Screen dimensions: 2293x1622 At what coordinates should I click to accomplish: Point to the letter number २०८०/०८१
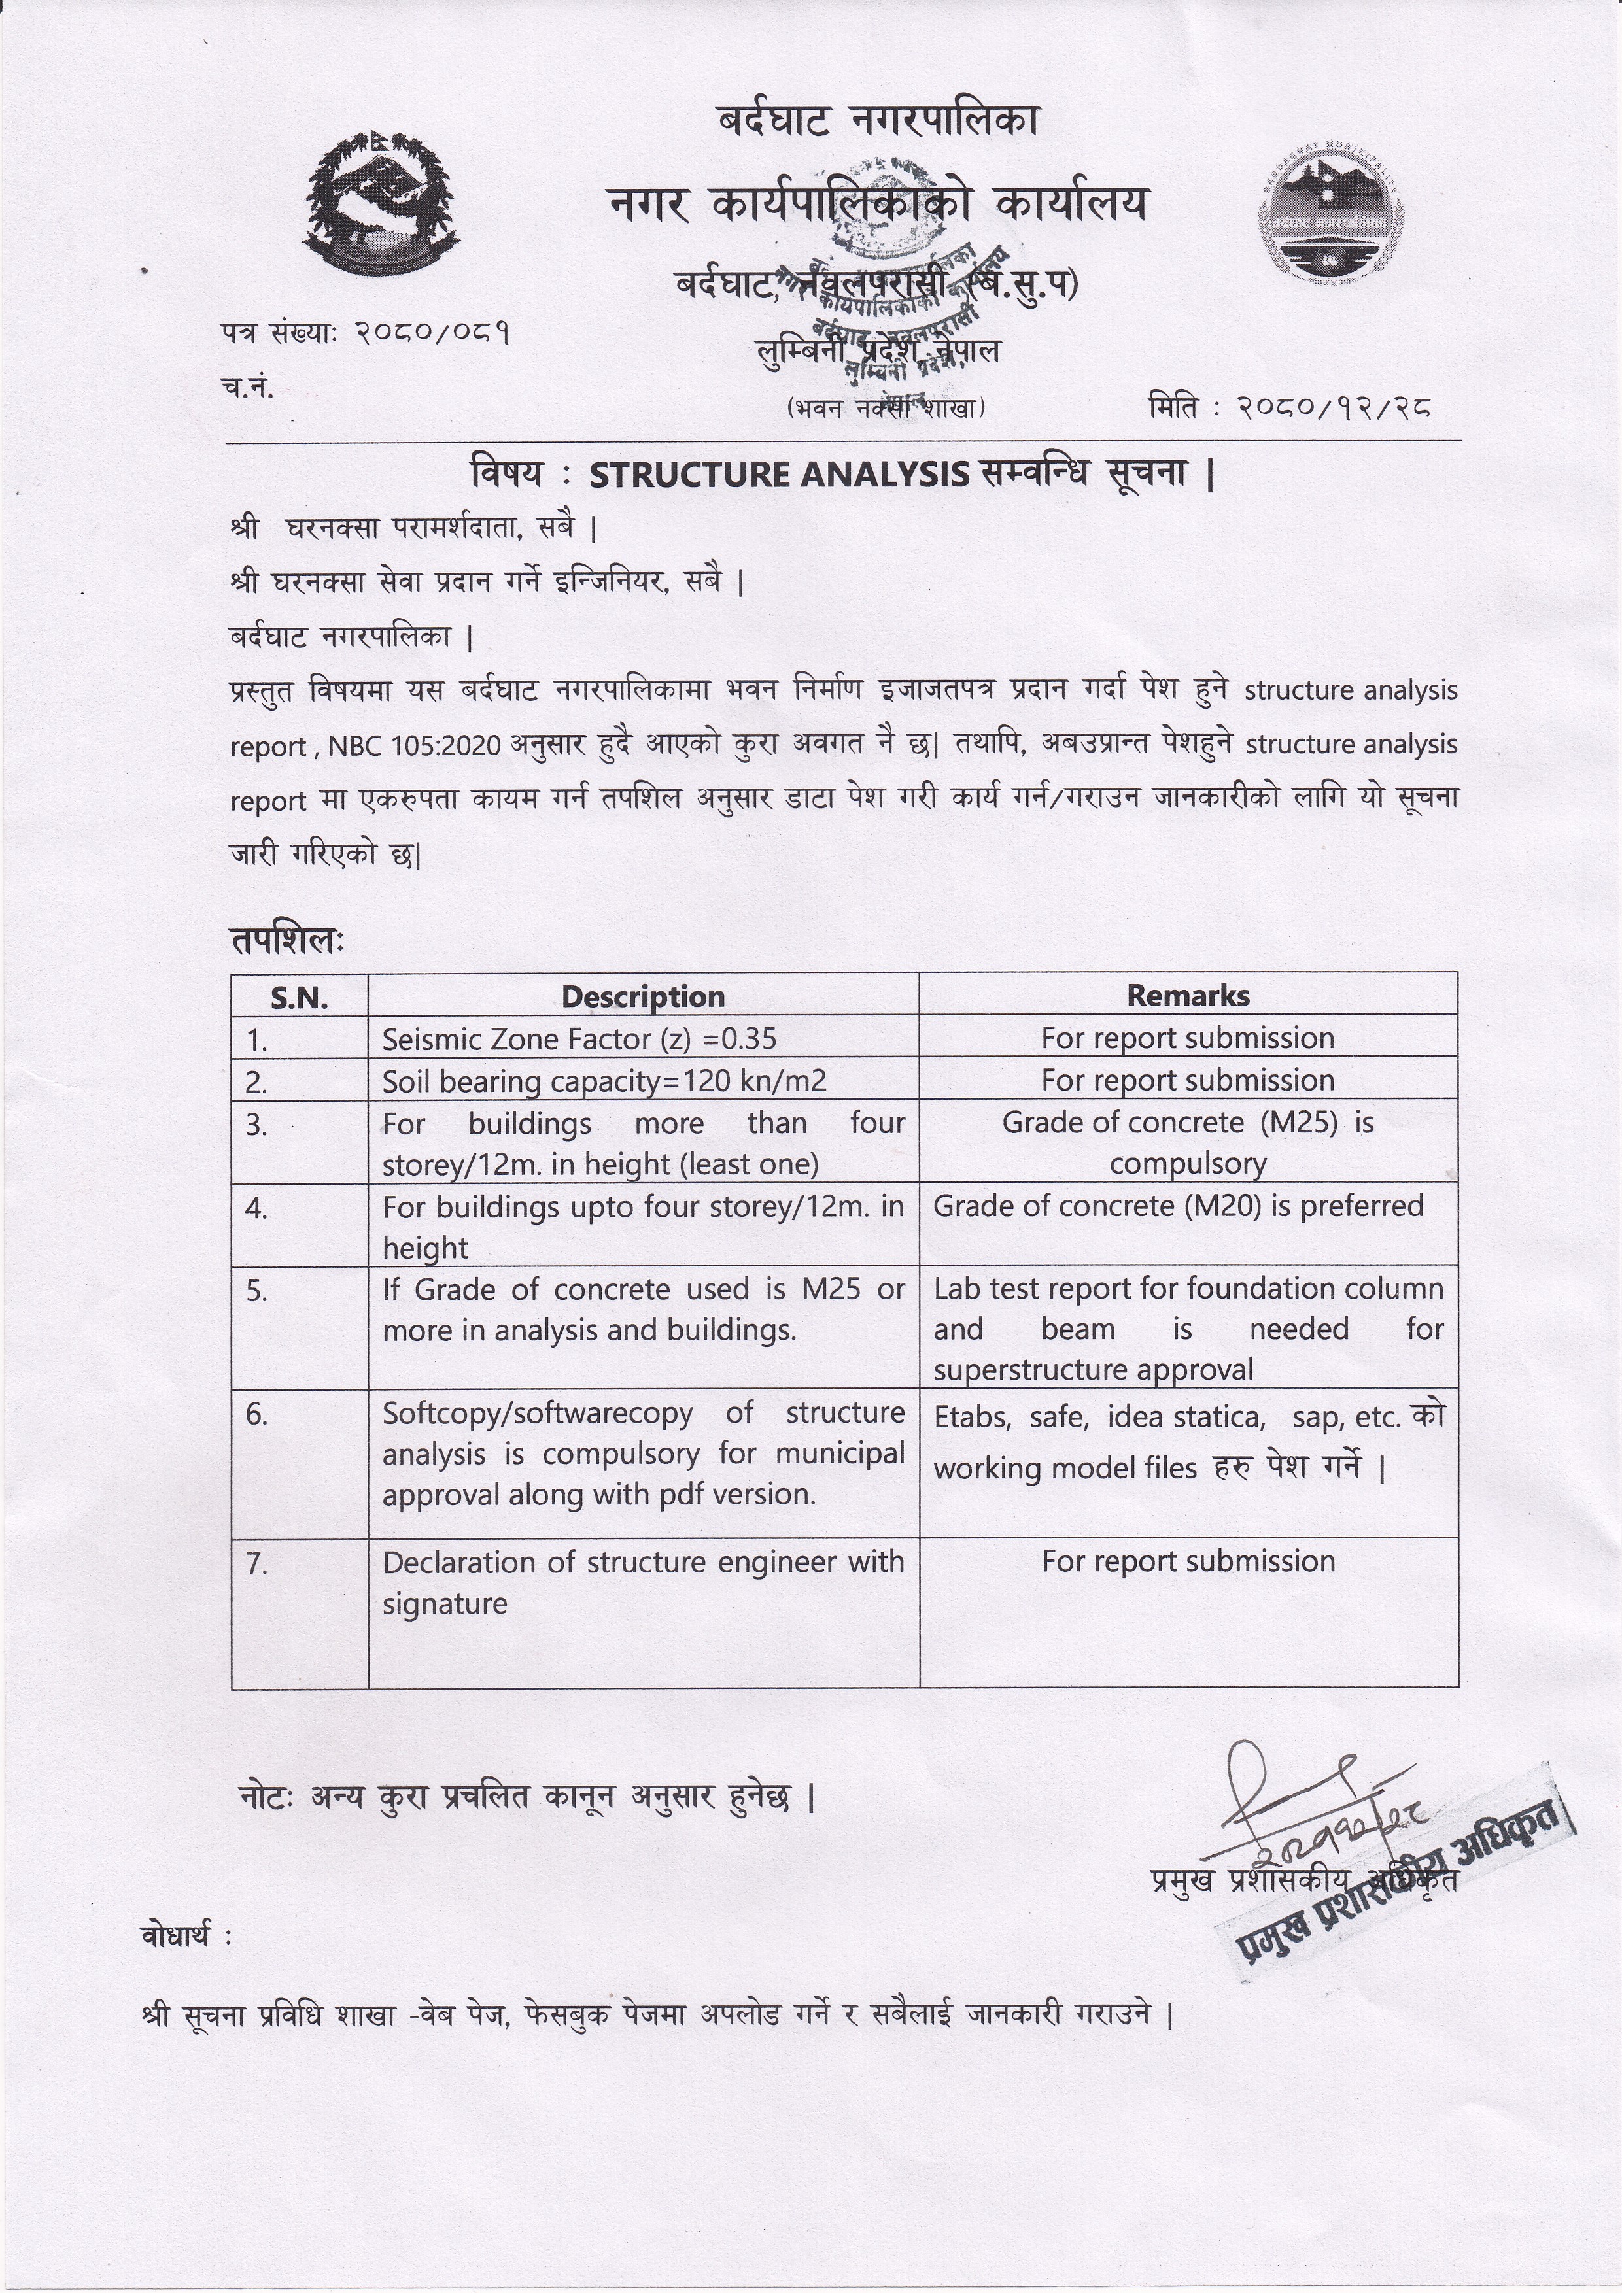coord(434,333)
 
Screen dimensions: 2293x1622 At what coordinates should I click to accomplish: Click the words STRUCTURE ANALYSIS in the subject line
coord(778,475)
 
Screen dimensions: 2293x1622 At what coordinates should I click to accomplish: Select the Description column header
coord(642,996)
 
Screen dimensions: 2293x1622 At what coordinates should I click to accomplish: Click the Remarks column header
coord(1188,994)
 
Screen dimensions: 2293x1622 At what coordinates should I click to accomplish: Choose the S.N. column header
coord(299,996)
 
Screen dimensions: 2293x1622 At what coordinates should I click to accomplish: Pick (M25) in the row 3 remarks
coord(1298,1123)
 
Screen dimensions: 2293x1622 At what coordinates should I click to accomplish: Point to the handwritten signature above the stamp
coord(1298,1788)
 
